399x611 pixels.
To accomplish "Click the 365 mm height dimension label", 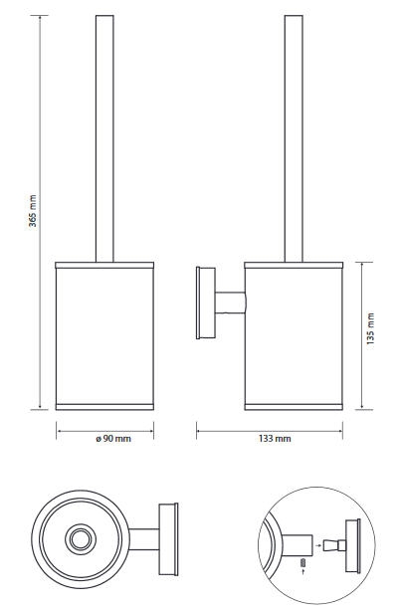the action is (33, 211).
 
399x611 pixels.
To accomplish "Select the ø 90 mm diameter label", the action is (113, 439).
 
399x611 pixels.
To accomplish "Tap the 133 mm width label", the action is (275, 439).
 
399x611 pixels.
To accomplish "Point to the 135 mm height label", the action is (370, 328).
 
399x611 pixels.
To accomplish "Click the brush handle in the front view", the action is (104, 138).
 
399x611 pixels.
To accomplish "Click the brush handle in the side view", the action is (294, 138).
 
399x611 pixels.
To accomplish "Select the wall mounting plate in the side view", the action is (205, 303).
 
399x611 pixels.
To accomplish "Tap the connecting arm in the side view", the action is (230, 303).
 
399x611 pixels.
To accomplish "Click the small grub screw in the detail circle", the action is (302, 563).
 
